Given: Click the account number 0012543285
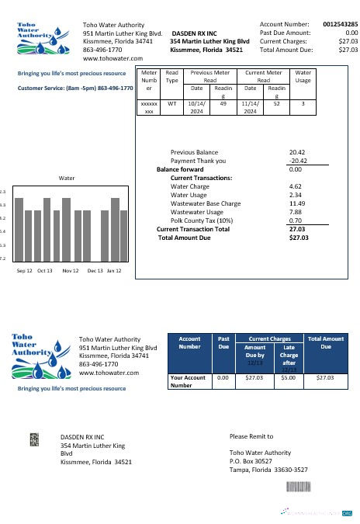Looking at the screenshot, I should click(x=341, y=25).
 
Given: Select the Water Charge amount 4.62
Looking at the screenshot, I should click(x=295, y=186).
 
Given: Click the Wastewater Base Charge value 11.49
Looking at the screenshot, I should click(x=296, y=203).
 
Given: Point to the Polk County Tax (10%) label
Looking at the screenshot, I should click(x=198, y=220).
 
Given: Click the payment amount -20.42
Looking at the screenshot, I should click(x=296, y=161).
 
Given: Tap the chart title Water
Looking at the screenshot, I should click(x=67, y=178).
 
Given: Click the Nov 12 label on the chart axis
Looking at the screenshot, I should click(x=71, y=271).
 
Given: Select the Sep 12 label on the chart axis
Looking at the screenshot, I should click(x=24, y=271).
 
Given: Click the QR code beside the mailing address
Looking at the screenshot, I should click(x=34, y=439).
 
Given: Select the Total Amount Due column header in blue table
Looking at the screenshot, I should click(x=326, y=342).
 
